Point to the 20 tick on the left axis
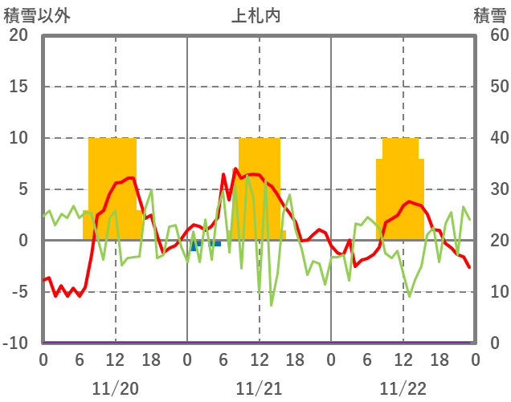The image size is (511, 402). [x=18, y=35]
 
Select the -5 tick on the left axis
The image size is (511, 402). [x=18, y=292]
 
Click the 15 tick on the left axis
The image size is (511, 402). [x=18, y=87]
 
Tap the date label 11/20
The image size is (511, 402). [x=115, y=389]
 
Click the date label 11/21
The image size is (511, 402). [x=259, y=389]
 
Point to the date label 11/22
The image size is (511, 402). [x=403, y=389]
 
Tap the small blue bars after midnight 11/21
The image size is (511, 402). [x=206, y=243]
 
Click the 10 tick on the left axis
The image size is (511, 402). [x=18, y=138]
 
